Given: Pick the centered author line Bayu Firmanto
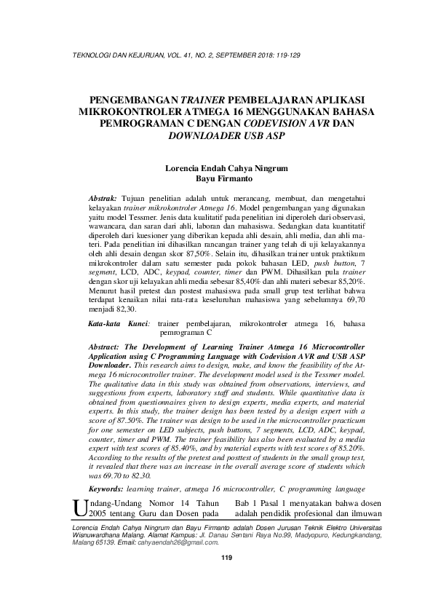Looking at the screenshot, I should pos(216,177).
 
